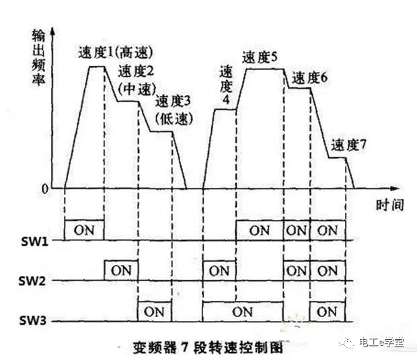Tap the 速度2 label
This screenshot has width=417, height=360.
pos(136,72)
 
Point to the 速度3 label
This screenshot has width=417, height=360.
pos(173,102)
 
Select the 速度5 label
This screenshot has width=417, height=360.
pos(260,57)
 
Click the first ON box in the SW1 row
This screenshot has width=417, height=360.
pos(84,230)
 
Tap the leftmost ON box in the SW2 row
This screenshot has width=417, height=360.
pos(121,271)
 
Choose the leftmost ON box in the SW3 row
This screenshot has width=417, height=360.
pos(154,312)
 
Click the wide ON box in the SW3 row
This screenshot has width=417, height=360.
pos(243,312)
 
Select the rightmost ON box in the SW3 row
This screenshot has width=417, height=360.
pos(327,312)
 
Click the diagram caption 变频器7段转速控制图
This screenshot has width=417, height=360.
pos(201,348)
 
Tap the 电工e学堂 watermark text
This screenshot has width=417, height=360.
pos(381,343)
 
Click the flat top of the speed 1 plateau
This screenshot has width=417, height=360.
pos(98,66)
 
